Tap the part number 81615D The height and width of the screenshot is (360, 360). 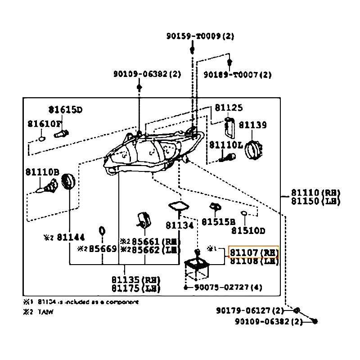66,109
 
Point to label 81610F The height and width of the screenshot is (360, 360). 44,123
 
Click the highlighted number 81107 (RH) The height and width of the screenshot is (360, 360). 254,252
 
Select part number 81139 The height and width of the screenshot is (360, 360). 252,125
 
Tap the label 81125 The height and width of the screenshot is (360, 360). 229,108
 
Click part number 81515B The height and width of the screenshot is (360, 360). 218,222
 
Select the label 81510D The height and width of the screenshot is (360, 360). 248,231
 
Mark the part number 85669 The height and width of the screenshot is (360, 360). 103,249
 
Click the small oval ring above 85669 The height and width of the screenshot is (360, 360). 102,231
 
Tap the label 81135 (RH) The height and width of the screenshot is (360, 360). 135,280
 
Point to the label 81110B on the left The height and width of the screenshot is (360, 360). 42,171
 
